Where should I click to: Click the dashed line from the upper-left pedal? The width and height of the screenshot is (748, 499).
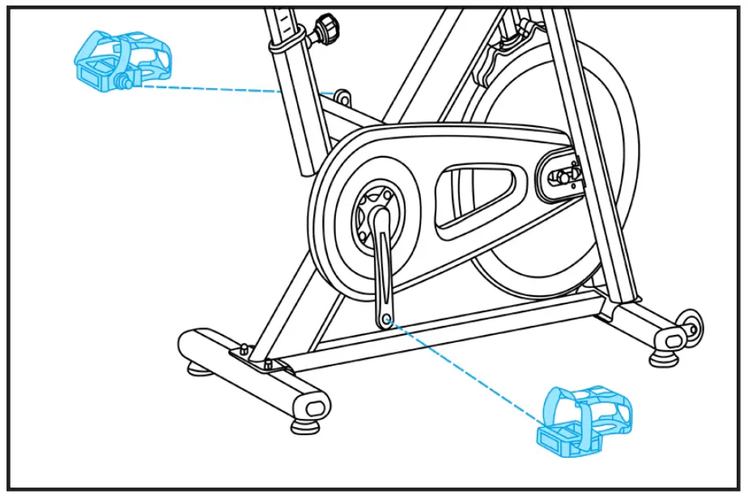coord(219,88)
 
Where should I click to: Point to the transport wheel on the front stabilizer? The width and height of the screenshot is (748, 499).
coord(691,325)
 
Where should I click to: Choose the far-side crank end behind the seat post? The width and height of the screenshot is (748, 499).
coord(341,98)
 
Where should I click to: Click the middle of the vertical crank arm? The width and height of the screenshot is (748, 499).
coord(380,267)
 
